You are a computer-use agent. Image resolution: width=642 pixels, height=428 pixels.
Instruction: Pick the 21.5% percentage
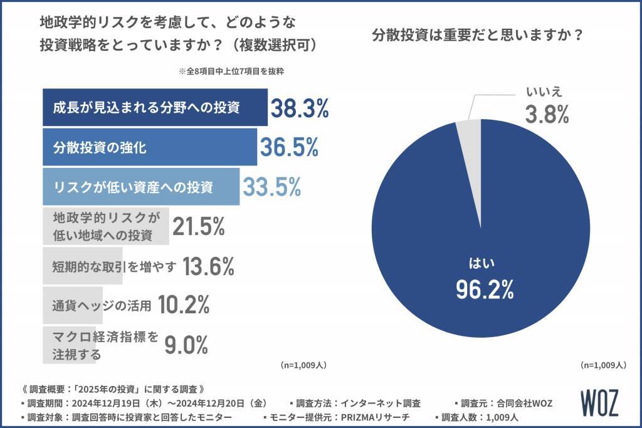[198, 227]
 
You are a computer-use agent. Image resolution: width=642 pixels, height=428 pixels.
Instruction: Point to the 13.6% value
[208, 267]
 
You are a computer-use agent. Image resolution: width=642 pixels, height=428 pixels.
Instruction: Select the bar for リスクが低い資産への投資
[140, 187]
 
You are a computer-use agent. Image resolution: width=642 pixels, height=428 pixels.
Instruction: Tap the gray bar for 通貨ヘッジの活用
[100, 306]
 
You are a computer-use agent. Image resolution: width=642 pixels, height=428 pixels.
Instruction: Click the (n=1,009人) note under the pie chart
[602, 364]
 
